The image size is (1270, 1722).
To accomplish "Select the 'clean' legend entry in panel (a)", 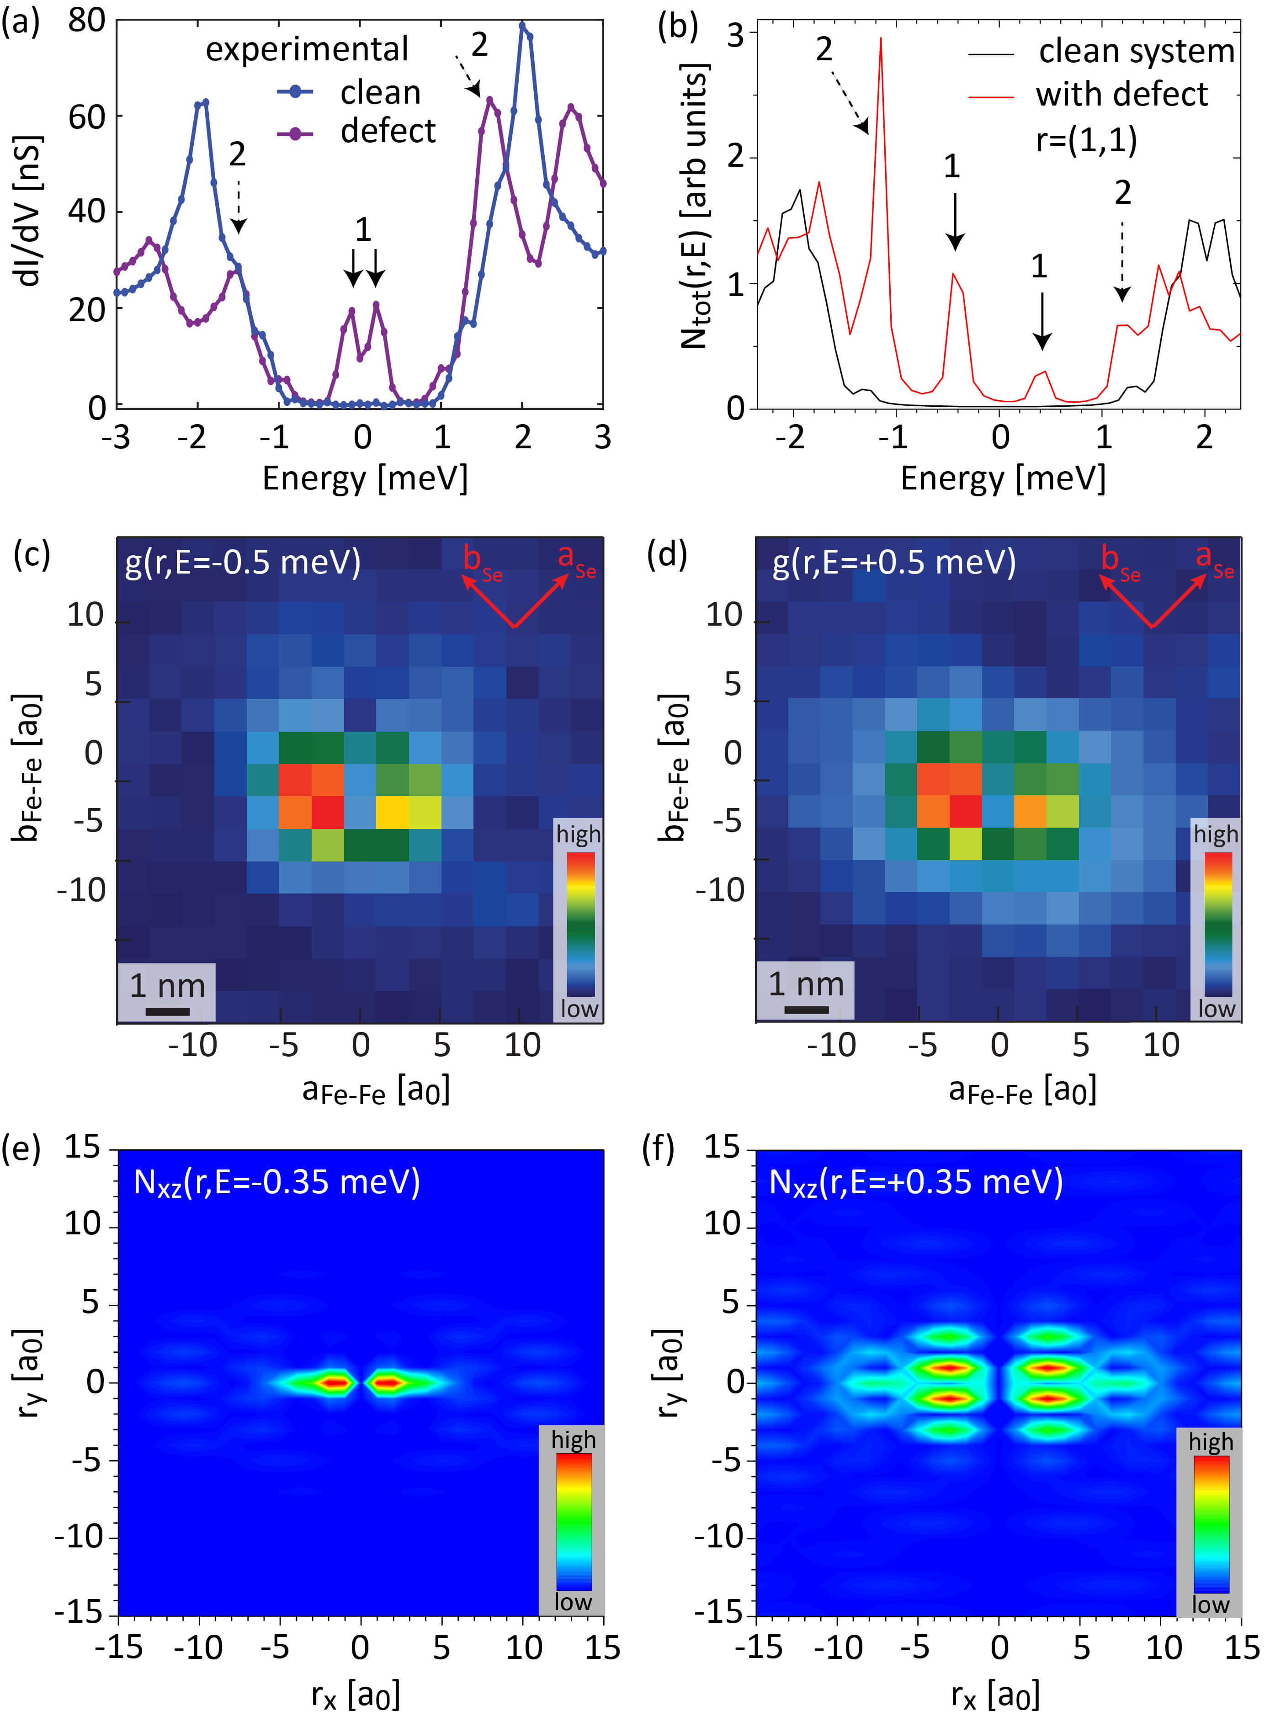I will pos(380,93).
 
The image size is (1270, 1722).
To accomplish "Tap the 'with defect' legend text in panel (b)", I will pos(1121,95).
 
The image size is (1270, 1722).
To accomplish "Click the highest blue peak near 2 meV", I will pos(522,26).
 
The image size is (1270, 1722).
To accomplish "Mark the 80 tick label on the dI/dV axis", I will pos(86,21).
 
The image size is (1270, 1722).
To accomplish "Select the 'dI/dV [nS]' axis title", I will pos(28,211).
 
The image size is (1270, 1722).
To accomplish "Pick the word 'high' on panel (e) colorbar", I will pos(573,1439).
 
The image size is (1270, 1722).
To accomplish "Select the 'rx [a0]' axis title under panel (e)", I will pos(355,1694).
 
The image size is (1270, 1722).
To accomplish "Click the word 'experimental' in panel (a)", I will pos(307,50).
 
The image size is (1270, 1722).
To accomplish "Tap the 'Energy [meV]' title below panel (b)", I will pos(1003,478).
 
